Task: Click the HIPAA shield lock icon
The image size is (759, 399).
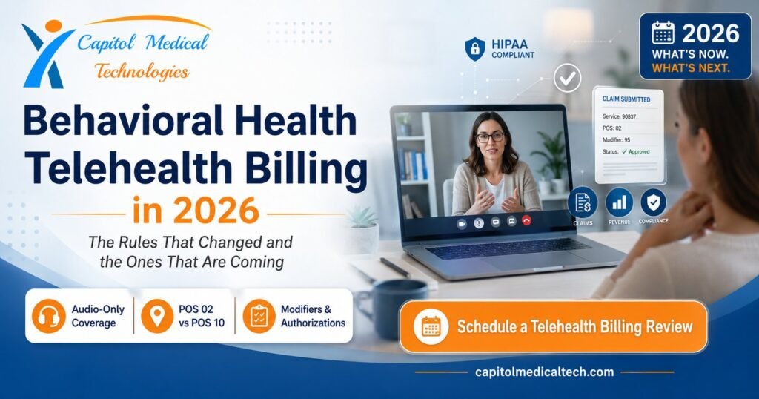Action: point(475,49)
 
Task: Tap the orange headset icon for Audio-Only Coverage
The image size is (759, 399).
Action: point(48,316)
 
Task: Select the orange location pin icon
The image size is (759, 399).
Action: point(157,316)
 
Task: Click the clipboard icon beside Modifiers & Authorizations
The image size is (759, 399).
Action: point(259,316)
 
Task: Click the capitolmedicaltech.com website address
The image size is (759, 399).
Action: point(545,372)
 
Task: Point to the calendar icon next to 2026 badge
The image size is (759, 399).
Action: point(663,33)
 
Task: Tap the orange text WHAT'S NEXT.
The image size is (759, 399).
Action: point(691,67)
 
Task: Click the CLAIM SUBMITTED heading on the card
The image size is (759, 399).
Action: point(626,99)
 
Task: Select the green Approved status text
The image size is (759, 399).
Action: point(635,151)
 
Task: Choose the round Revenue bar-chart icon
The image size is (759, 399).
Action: point(619,202)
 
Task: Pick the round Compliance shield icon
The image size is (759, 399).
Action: point(654,202)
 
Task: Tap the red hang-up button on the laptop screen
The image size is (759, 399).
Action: point(527,221)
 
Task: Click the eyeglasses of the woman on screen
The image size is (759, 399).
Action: point(490,137)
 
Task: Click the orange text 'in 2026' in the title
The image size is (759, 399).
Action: point(196,210)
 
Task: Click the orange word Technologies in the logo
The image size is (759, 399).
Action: point(142,72)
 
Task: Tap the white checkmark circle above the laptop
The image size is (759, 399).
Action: point(567,77)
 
